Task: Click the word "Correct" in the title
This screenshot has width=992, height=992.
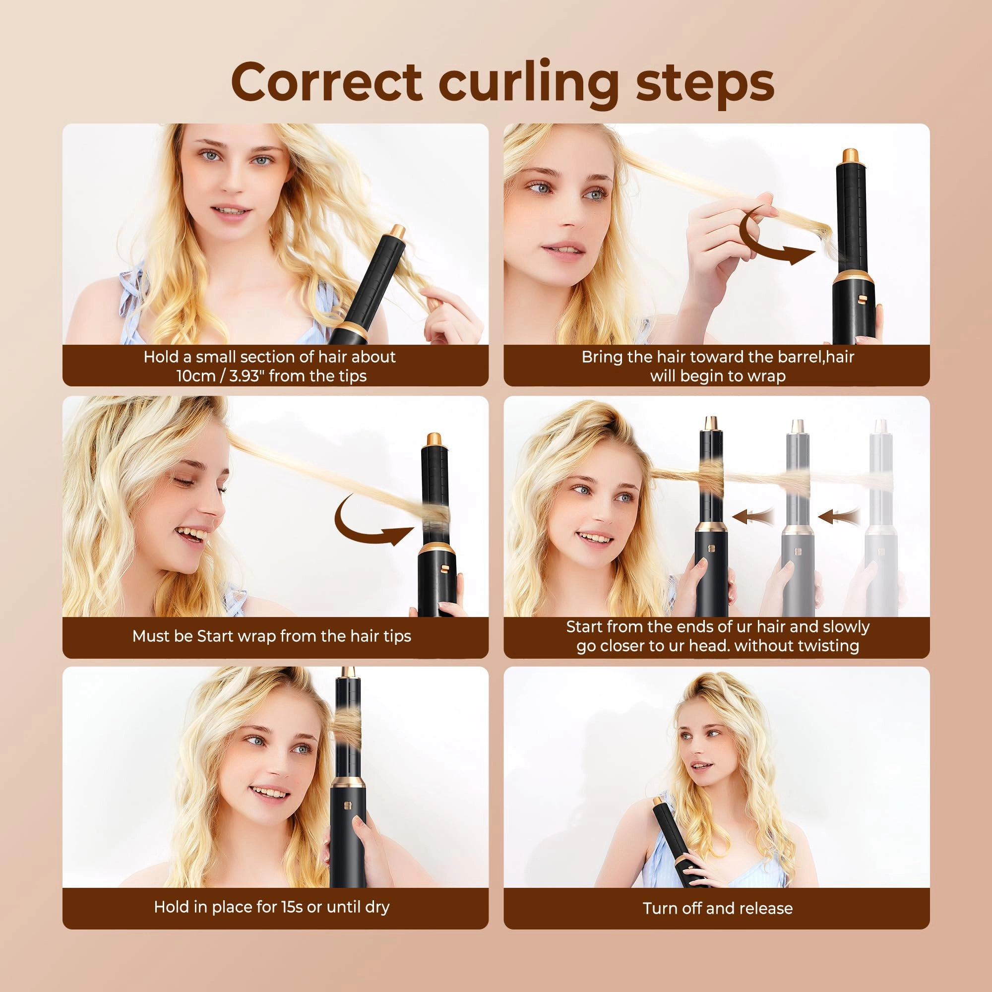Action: pyautogui.click(x=326, y=82)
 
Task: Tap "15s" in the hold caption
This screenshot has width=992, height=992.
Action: pyautogui.click(x=292, y=907)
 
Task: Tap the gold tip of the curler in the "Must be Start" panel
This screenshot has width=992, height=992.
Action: pyautogui.click(x=434, y=439)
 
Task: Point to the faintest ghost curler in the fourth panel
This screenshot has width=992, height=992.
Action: pyautogui.click(x=881, y=519)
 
